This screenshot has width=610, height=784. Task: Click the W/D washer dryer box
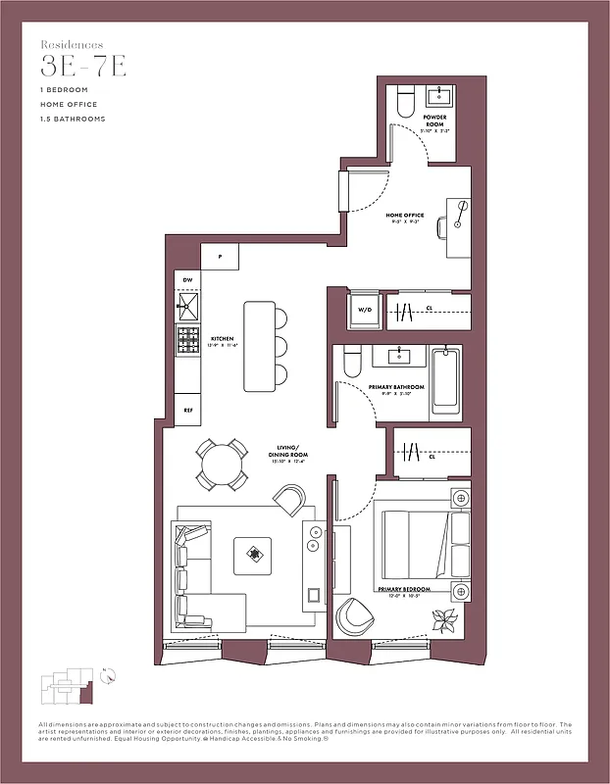365,310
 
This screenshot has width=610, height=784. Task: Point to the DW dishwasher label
187,280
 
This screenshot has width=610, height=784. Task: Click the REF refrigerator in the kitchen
187,410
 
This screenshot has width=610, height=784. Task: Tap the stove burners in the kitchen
187,340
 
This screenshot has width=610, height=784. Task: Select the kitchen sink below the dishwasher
186,308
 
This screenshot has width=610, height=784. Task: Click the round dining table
222,465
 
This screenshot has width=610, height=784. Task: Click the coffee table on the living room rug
254,556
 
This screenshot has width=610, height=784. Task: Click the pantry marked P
221,257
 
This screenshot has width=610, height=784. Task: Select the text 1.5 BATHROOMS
73,119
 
